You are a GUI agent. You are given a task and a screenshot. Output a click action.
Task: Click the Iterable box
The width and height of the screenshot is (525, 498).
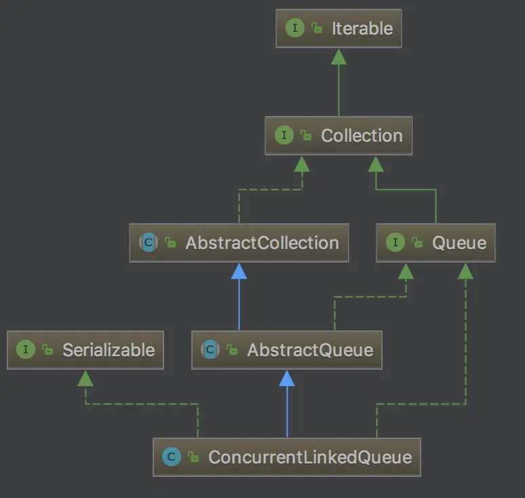(338, 28)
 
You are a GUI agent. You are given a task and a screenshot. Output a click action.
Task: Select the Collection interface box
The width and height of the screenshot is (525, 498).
(338, 136)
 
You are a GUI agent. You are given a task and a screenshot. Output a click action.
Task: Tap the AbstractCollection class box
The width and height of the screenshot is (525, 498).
(239, 243)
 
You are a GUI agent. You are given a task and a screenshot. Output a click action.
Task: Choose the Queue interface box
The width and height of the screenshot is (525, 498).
(435, 243)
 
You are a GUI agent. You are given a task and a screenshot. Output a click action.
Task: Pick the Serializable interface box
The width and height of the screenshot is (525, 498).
(85, 350)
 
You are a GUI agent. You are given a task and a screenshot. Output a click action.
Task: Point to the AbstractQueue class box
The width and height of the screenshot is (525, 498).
(288, 350)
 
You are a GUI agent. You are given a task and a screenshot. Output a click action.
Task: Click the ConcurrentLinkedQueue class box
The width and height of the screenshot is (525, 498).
(287, 457)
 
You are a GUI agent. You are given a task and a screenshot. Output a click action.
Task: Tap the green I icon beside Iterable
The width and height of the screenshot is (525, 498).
(294, 28)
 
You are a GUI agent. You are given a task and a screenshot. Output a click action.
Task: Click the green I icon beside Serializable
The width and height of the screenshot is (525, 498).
(26, 350)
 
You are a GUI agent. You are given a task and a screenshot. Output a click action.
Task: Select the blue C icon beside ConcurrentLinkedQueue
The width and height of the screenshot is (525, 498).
(171, 457)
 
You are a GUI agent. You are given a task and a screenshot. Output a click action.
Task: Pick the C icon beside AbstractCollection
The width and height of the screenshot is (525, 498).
(148, 243)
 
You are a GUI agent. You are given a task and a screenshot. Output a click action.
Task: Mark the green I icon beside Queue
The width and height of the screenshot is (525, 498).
(395, 243)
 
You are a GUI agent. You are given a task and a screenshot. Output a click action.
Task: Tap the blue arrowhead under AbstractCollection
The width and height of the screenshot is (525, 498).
(239, 271)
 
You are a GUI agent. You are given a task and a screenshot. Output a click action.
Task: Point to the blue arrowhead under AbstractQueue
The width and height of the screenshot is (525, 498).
(288, 378)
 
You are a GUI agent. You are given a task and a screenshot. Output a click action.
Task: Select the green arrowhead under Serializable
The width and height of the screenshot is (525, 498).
(85, 378)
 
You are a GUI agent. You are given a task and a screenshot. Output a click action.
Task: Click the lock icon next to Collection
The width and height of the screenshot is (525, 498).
(307, 136)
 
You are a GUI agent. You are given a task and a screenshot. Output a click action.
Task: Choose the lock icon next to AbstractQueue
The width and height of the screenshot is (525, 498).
(232, 350)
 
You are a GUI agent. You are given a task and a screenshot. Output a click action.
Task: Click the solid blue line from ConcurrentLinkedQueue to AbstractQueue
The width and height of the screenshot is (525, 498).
(288, 414)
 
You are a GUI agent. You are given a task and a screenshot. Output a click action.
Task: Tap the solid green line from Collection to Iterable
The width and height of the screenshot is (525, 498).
(338, 92)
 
